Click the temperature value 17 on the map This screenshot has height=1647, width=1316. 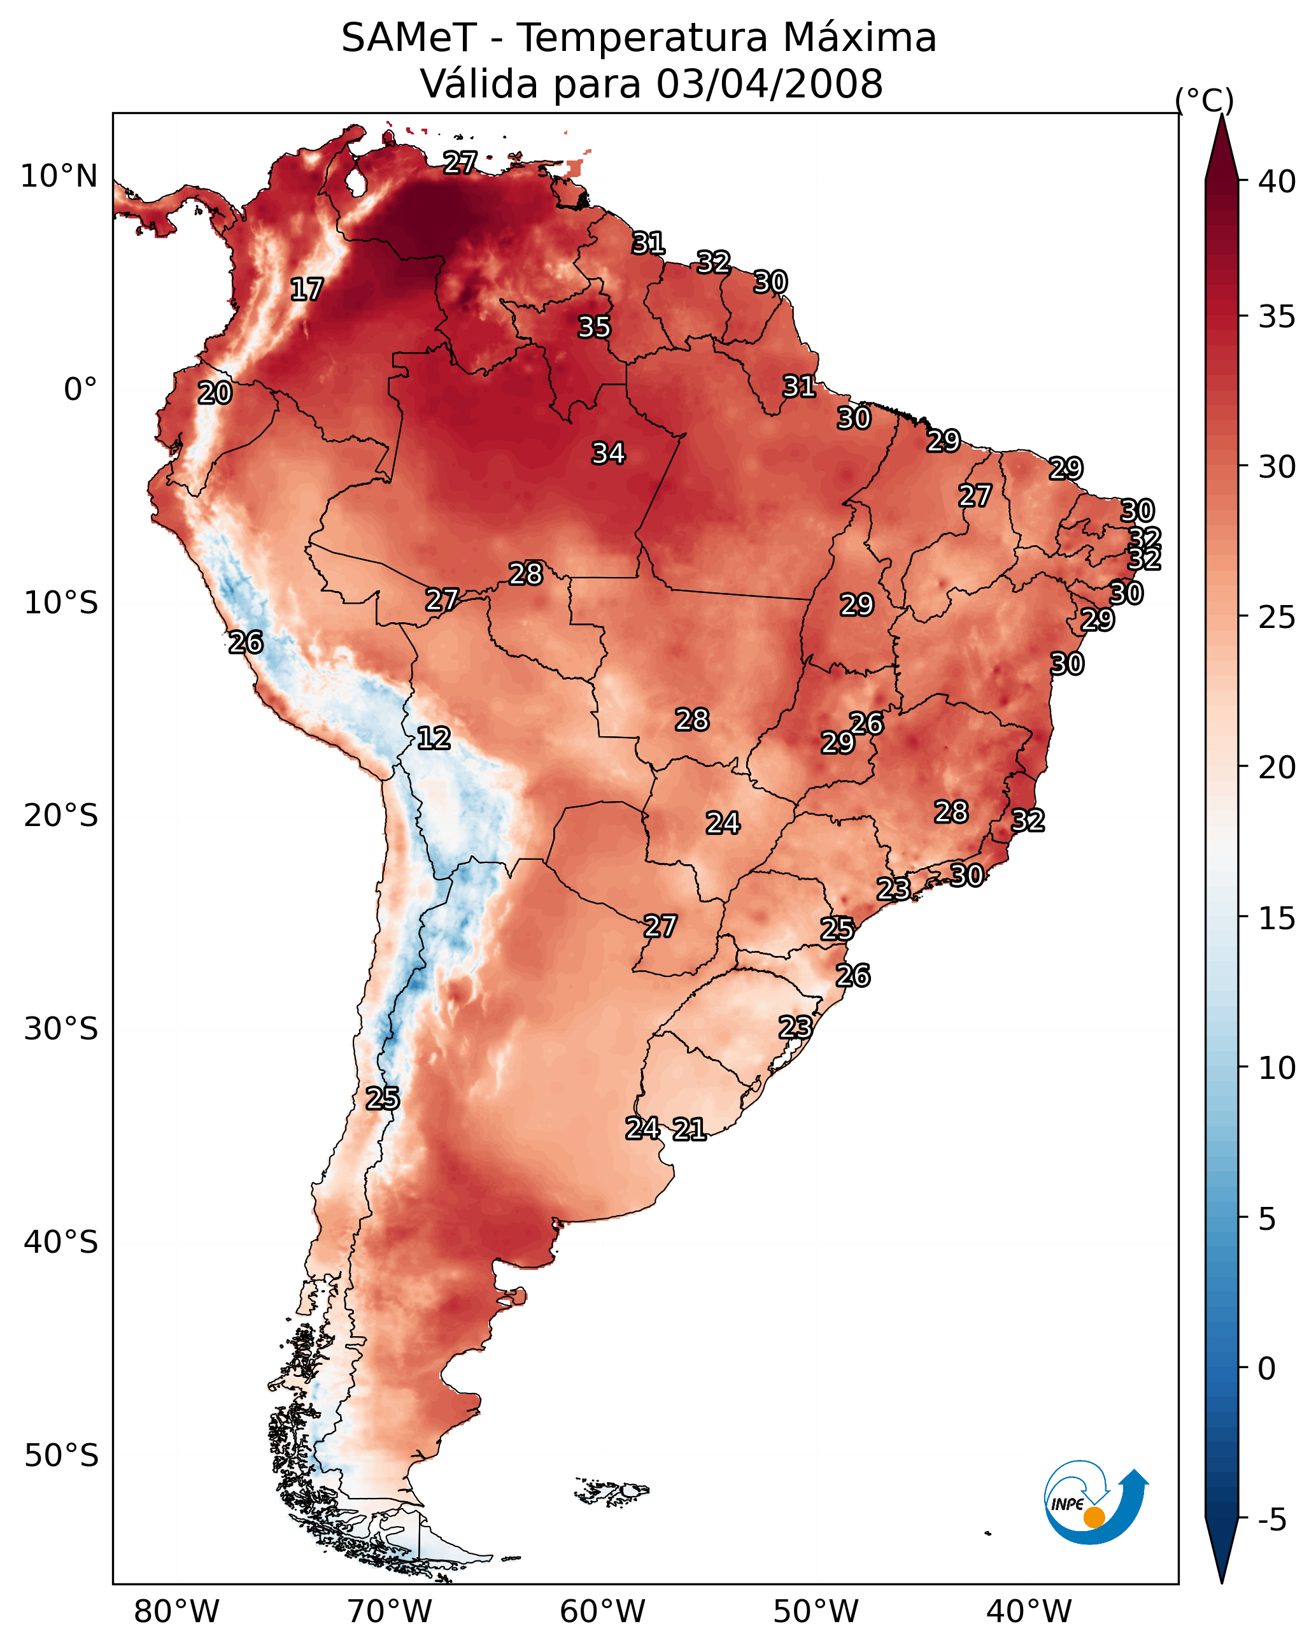(307, 290)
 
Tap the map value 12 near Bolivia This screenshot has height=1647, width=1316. (434, 738)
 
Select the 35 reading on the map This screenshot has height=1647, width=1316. (594, 327)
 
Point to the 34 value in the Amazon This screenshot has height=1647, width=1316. (609, 453)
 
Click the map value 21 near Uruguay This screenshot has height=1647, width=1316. (689, 1129)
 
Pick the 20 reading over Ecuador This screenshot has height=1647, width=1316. (215, 393)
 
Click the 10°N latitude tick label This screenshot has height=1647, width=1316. (59, 176)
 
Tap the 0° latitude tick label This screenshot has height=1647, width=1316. (80, 390)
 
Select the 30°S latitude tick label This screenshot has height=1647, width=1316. (61, 1029)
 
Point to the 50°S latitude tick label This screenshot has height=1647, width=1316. (61, 1456)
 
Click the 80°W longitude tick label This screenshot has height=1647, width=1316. (176, 1612)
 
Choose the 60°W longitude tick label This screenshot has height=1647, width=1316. (603, 1612)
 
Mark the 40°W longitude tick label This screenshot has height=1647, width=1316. (1029, 1612)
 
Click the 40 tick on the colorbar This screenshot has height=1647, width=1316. (1277, 182)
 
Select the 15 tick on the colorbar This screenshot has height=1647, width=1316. (1277, 918)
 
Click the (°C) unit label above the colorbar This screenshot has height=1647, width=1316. (1205, 100)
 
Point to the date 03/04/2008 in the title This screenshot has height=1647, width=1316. (769, 83)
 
